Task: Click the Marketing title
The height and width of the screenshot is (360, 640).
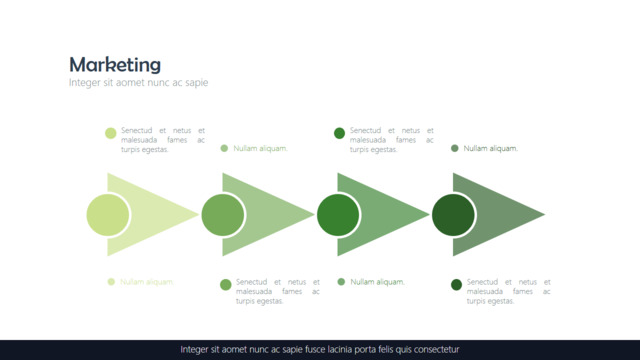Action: (115, 64)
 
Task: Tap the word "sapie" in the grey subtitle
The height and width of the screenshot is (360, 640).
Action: (196, 83)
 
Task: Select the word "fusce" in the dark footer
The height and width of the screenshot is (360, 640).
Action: (315, 349)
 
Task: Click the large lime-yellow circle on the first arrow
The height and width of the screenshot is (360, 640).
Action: (108, 215)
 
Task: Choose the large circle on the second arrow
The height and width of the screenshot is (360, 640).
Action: (223, 215)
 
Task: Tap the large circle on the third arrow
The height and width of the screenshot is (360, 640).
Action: (338, 215)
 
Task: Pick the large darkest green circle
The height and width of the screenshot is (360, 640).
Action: (453, 215)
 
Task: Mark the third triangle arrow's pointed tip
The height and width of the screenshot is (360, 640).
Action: (429, 214)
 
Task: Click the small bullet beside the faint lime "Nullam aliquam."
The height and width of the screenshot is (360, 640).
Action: (111, 282)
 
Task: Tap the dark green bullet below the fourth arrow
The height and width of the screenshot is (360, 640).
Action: (456, 284)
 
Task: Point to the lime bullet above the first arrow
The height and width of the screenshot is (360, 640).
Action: (111, 133)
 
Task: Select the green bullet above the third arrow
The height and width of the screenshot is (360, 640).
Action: (339, 133)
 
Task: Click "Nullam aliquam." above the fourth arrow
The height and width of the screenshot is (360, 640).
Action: (490, 148)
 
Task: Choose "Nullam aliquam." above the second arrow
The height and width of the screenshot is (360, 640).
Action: (260, 148)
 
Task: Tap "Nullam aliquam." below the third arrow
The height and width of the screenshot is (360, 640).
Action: (378, 282)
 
